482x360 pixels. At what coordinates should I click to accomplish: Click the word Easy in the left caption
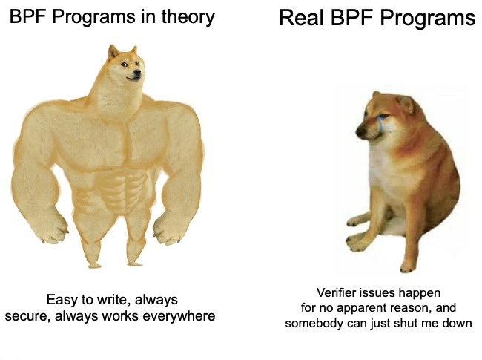[x=62, y=300]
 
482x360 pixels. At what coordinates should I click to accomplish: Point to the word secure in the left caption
[x=27, y=316]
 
